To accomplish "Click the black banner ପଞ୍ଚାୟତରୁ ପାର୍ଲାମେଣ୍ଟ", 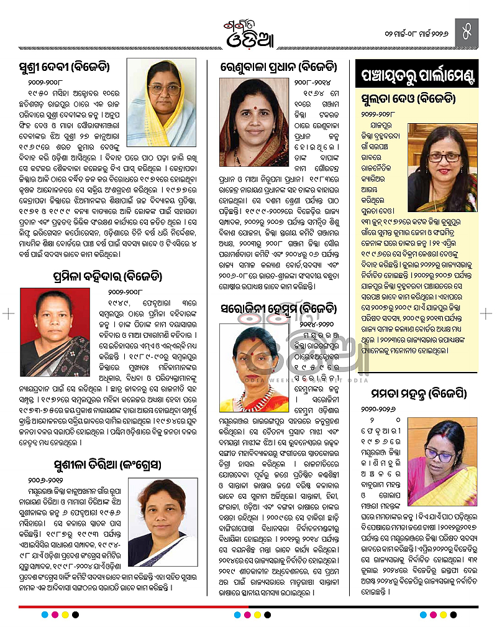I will click(419, 77).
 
